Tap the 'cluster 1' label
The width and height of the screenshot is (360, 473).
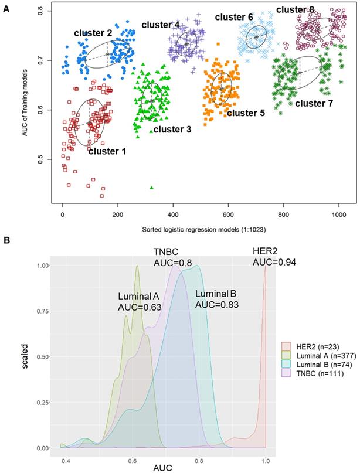point(107,151)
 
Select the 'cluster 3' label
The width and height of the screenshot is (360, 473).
point(172,129)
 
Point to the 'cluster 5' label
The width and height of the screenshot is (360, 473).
point(246,113)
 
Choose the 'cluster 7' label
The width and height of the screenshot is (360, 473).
point(314,103)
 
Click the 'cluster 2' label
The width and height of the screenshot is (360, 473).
point(93,33)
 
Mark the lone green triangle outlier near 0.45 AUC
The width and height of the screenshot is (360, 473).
point(152,188)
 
